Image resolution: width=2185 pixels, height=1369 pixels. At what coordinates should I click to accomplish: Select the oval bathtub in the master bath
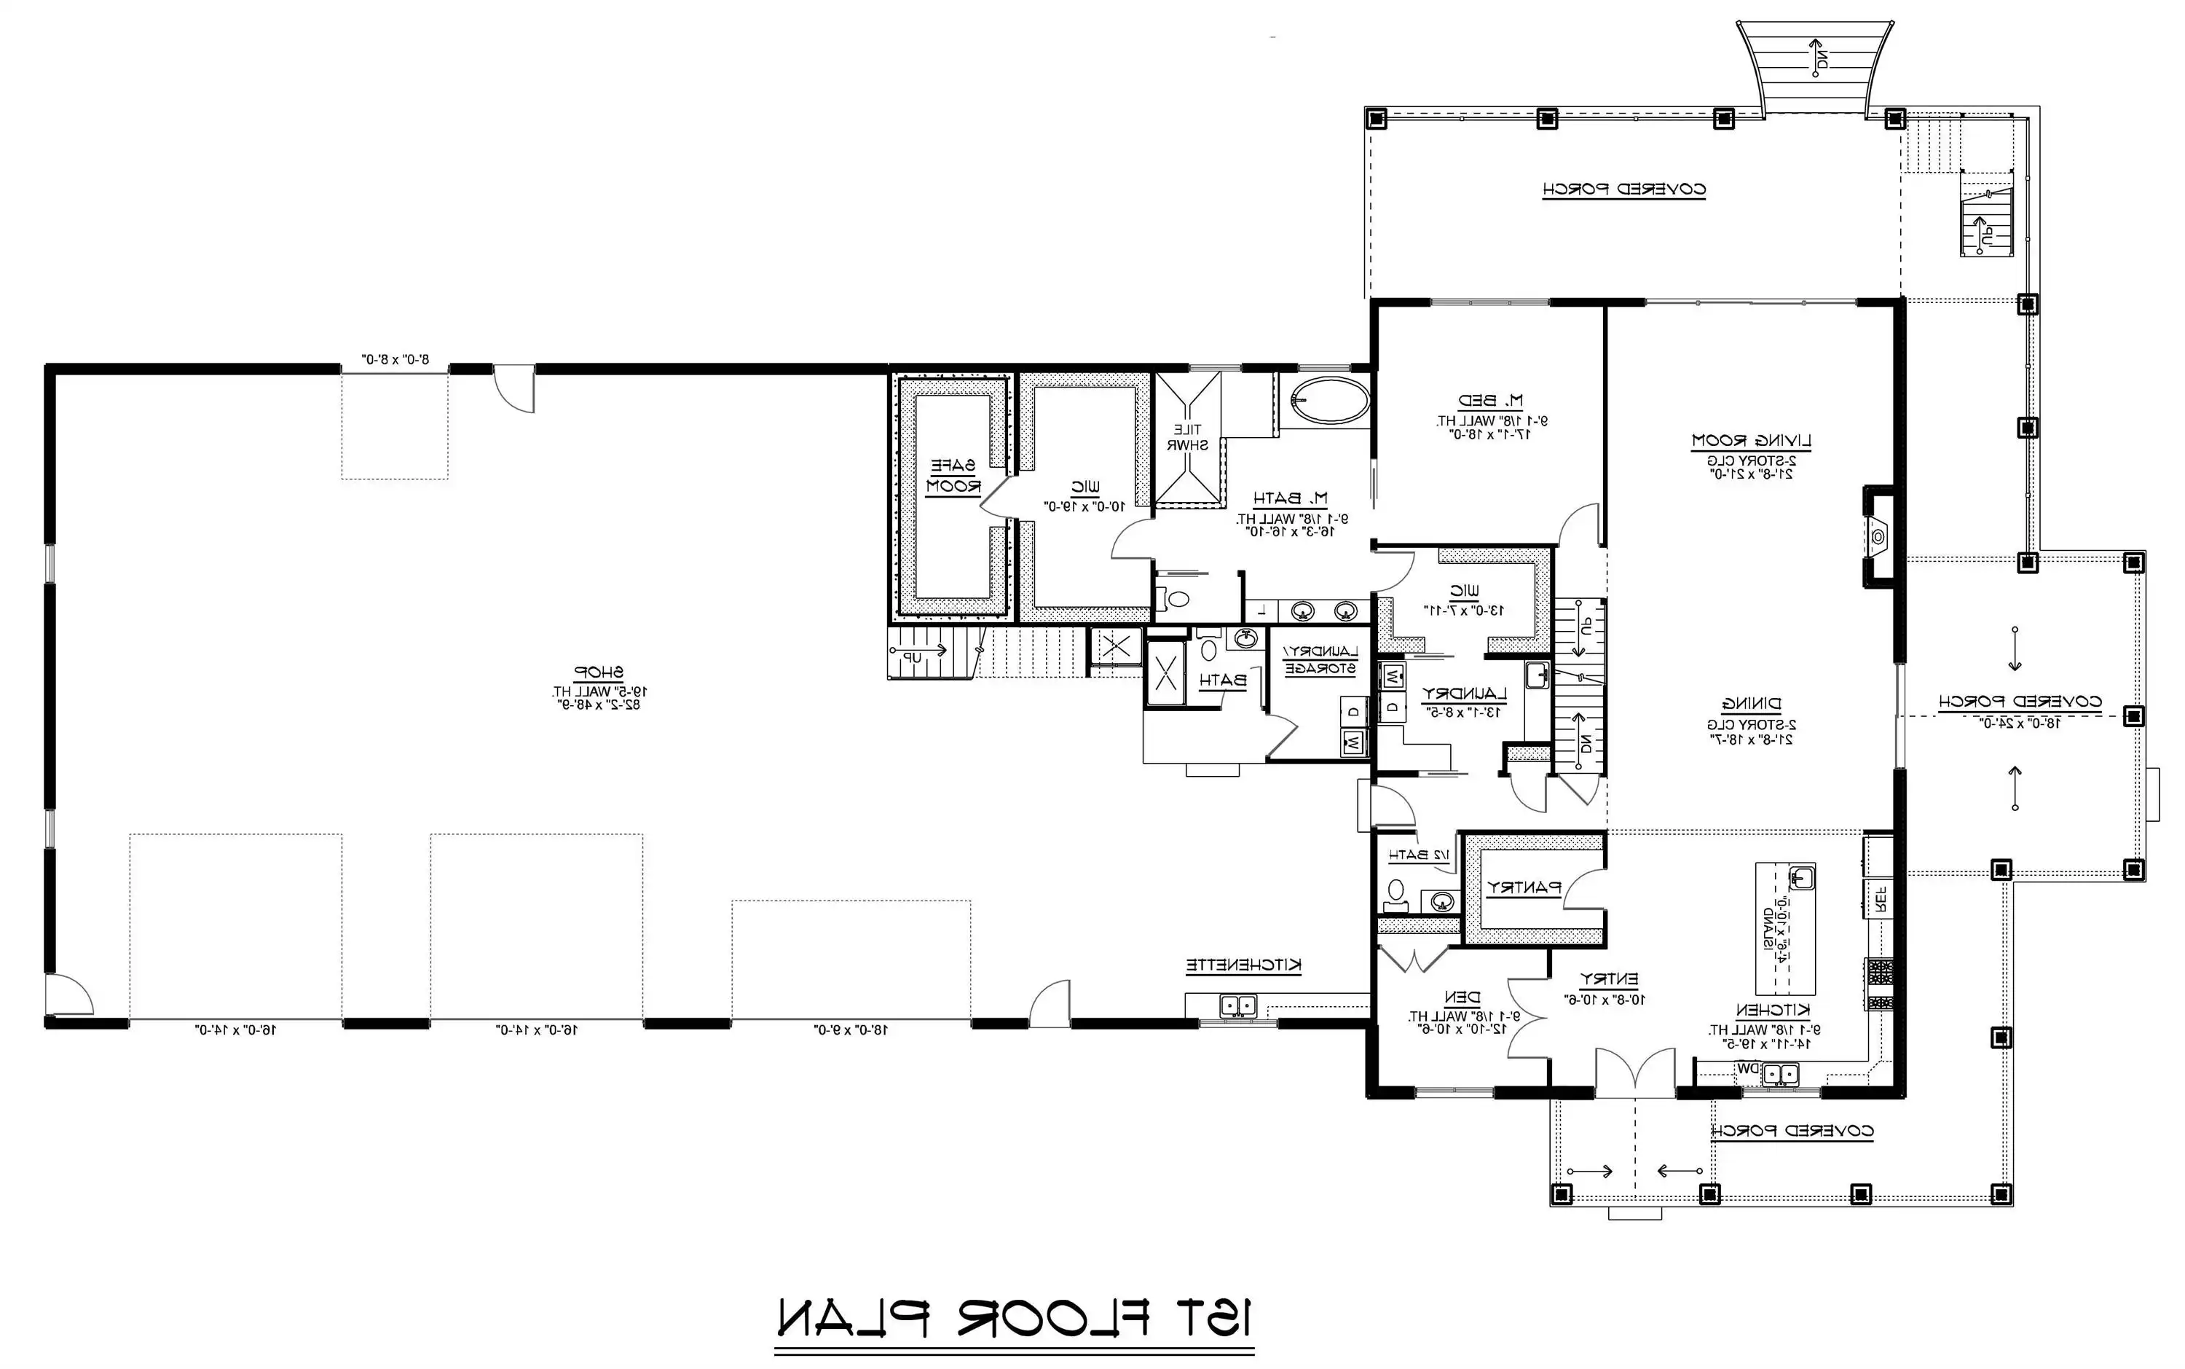1328,401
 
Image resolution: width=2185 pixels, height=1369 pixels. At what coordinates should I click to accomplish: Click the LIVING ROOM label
1752,441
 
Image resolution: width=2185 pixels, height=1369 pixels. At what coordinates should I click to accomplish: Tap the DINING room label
1752,705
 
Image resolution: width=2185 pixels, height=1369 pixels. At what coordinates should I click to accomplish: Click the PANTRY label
1524,888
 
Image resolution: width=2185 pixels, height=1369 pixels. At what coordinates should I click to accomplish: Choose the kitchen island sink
1801,876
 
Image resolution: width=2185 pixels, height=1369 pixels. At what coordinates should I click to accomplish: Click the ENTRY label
1608,978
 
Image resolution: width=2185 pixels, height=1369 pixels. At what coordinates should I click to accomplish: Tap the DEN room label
1461,997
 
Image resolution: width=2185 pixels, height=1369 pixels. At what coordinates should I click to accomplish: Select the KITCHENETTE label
1244,966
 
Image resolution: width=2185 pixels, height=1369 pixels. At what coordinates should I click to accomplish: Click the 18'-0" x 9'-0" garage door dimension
851,1029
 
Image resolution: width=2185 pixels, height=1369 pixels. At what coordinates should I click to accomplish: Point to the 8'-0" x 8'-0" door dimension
395,359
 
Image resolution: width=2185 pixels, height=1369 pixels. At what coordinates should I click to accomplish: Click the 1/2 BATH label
1418,855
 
